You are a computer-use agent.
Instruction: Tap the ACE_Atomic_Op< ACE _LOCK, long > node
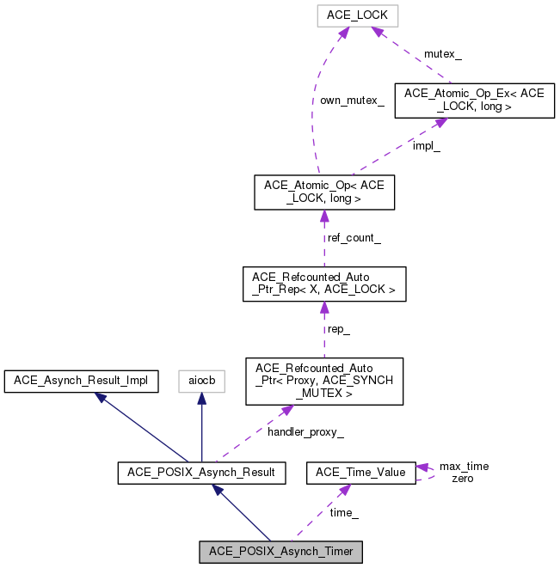coord(323,192)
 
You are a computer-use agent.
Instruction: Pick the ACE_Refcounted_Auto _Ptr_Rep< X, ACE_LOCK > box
coord(323,284)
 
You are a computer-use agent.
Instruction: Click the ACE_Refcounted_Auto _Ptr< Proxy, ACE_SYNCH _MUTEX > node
coord(323,382)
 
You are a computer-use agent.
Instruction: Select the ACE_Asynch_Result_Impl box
coord(81,382)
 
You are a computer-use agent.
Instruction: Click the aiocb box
coord(201,382)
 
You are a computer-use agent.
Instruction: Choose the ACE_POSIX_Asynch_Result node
coord(200,473)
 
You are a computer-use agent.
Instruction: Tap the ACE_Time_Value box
coord(361,473)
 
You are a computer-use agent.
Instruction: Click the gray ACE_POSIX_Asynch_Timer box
coord(280,552)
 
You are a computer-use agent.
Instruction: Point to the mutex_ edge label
coord(442,54)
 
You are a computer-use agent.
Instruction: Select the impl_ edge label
coord(426,146)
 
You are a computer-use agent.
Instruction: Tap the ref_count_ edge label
coord(354,238)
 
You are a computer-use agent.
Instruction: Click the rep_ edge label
coord(336,329)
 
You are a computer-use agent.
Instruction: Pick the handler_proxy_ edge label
coord(305,432)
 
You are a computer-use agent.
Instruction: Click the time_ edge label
coord(344,512)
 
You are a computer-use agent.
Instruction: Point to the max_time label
coord(464,467)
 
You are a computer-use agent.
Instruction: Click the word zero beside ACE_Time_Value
coord(462,479)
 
